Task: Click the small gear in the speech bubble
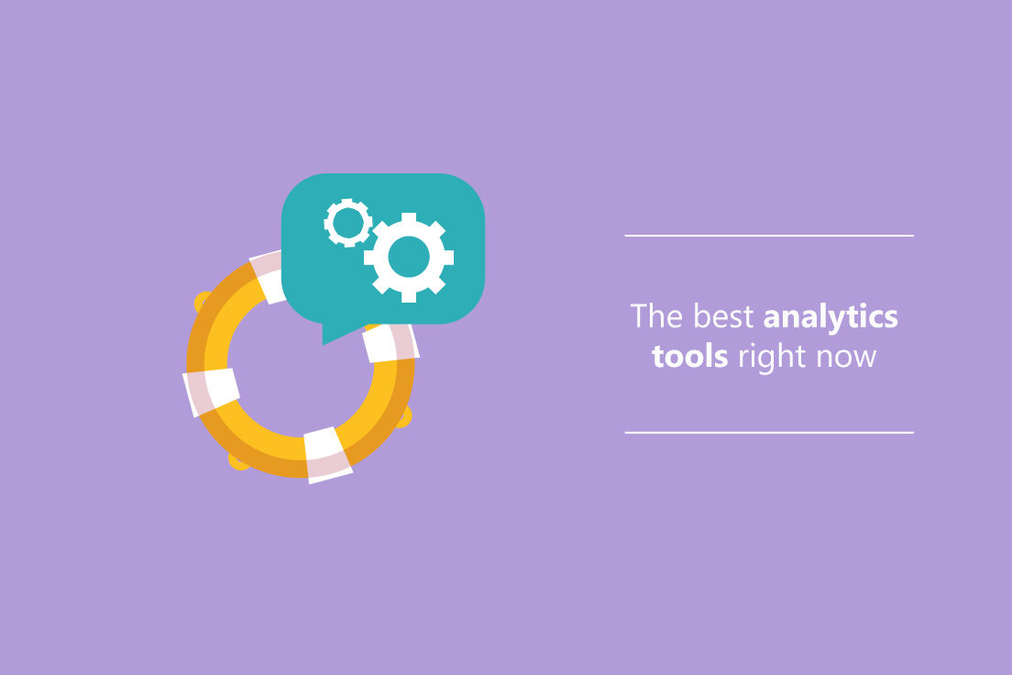pos(348,223)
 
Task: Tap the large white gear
pos(409,257)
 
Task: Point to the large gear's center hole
pos(409,257)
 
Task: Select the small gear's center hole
pos(348,223)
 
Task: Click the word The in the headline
pos(656,315)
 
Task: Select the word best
pos(723,315)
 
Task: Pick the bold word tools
pos(690,357)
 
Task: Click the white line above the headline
pos(769,236)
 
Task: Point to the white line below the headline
pos(769,433)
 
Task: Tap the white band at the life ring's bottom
pos(328,455)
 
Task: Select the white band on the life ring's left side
pos(211,393)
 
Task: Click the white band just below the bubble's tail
pos(391,342)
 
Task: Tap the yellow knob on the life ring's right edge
pos(403,416)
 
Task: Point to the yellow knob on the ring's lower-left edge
pos(236,461)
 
